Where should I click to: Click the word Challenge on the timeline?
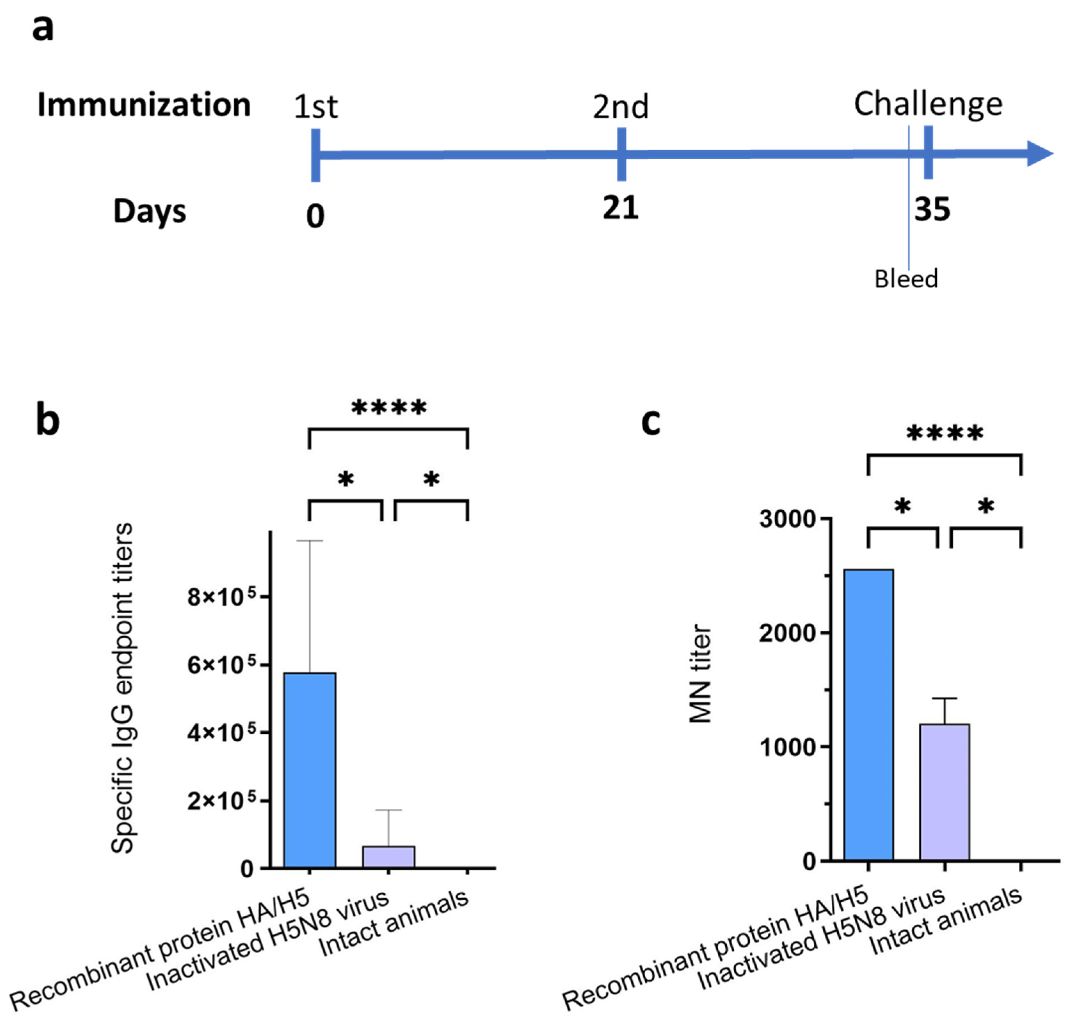[x=928, y=104]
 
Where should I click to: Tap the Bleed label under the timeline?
[x=906, y=279]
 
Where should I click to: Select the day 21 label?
[x=620, y=208]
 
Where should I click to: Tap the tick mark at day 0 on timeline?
[x=315, y=155]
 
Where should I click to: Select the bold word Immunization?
[x=144, y=105]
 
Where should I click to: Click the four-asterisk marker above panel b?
[x=389, y=408]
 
